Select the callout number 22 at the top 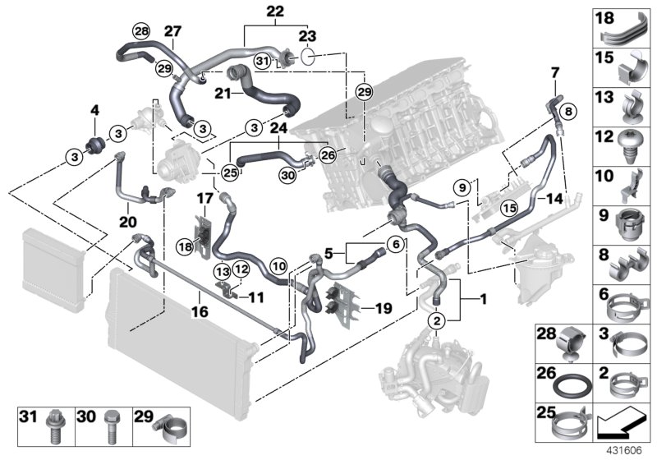click(x=252, y=11)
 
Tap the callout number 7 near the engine click(x=554, y=72)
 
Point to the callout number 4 click(x=94, y=110)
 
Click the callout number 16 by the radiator click(x=200, y=311)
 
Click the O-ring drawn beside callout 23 click(x=308, y=57)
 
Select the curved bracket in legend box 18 click(x=633, y=30)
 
